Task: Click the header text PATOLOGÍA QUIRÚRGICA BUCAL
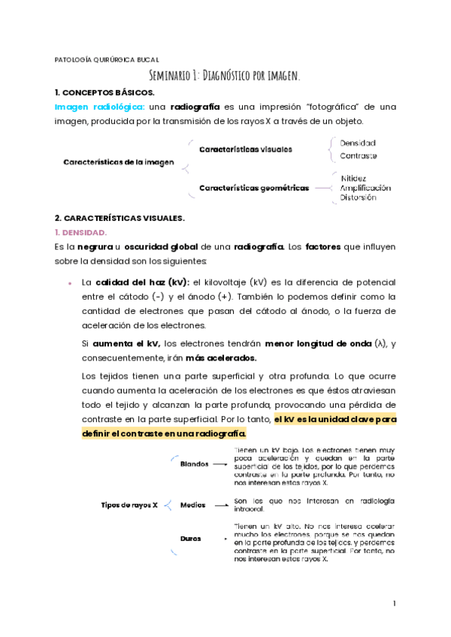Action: coord(107,59)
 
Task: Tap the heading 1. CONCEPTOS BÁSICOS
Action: coord(104,92)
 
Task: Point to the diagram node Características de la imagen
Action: coord(119,162)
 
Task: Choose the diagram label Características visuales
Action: coord(246,149)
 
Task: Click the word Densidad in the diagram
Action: coord(358,143)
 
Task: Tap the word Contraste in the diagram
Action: coord(359,156)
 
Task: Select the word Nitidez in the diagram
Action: coord(353,177)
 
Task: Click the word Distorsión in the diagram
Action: coord(359,198)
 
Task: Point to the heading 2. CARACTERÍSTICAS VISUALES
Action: coord(120,219)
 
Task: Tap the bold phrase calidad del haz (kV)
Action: coord(142,282)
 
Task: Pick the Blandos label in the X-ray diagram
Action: coord(194,464)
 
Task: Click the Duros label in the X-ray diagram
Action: coord(191,539)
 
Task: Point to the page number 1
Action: coord(393,604)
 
